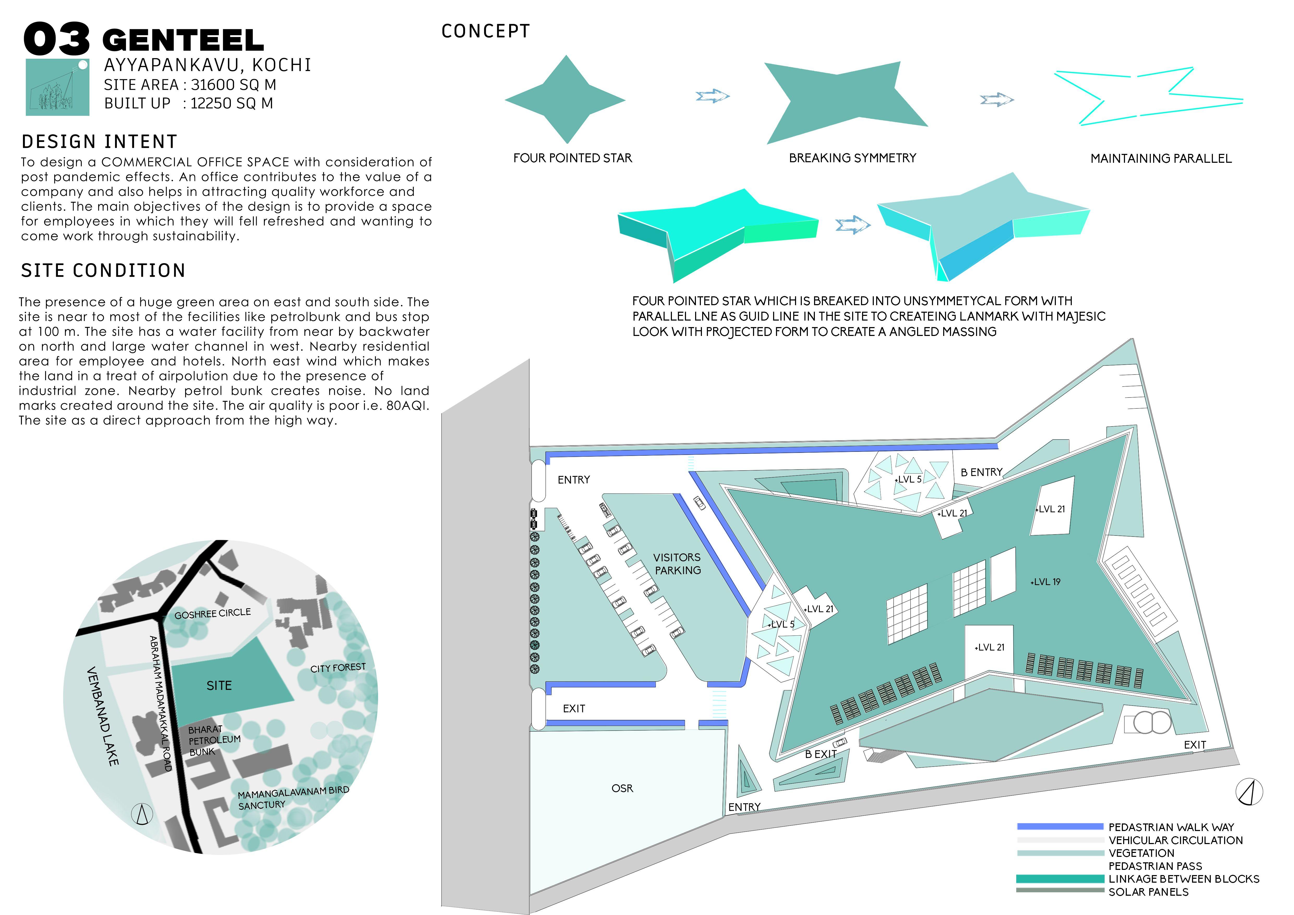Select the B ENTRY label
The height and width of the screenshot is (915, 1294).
(x=981, y=472)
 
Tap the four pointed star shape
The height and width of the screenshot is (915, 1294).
(x=565, y=100)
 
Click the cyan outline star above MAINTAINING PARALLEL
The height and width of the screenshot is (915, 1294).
(x=1150, y=96)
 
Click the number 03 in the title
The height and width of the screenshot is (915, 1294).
(x=56, y=39)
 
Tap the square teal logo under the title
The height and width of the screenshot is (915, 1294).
(x=57, y=87)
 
